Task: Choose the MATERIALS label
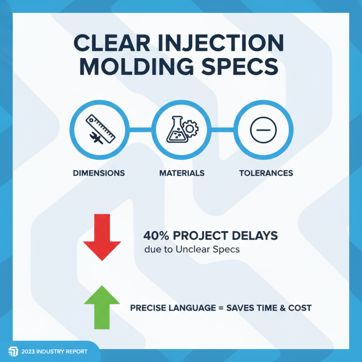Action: (181, 173)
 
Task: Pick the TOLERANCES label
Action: (266, 173)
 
